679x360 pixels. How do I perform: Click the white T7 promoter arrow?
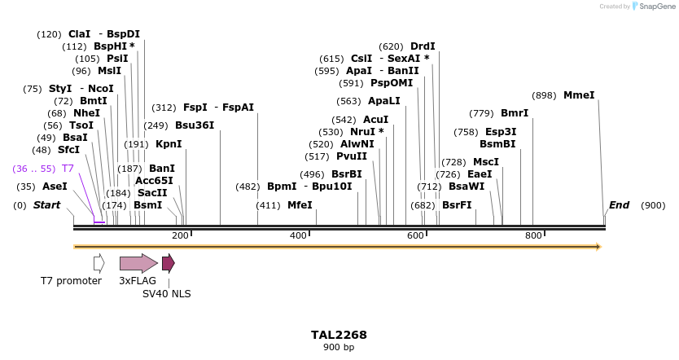click(99, 263)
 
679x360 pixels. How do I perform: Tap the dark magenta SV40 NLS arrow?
click(168, 263)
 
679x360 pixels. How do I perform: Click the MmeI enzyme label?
click(579, 95)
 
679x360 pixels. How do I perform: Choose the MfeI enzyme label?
click(300, 205)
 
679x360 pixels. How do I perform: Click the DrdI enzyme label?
click(423, 46)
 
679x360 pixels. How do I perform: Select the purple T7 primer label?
click(68, 169)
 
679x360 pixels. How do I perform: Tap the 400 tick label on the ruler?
click(298, 235)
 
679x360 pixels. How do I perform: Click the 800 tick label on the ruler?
click(533, 235)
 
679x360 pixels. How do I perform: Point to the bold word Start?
click(46, 205)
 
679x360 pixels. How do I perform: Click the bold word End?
click(619, 205)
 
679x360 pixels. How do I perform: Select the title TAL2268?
click(339, 335)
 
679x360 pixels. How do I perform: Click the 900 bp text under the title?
click(339, 348)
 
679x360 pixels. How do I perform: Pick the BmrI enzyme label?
click(514, 113)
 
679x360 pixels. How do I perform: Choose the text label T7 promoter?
click(71, 281)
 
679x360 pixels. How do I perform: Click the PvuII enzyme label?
click(352, 156)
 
